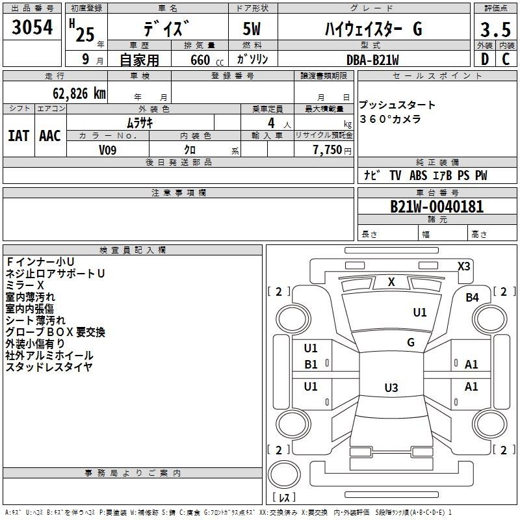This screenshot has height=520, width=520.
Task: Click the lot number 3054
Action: (x=32, y=27)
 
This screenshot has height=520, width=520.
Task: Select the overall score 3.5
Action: (x=495, y=29)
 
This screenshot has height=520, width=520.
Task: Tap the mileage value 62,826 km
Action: (x=79, y=94)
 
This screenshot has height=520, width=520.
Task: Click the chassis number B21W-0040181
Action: (x=437, y=207)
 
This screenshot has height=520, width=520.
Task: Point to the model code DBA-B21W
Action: (x=372, y=60)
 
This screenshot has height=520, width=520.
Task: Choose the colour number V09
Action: (x=107, y=150)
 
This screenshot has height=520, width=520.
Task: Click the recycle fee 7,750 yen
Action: (x=332, y=150)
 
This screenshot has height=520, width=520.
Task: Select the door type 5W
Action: (x=252, y=29)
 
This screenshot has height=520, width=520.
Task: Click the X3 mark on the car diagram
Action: (x=463, y=266)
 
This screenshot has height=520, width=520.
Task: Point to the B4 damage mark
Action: (x=472, y=298)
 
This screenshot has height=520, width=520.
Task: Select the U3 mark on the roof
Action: (x=391, y=387)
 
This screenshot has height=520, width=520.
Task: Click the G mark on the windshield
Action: (x=411, y=343)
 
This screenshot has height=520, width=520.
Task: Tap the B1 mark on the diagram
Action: (x=311, y=365)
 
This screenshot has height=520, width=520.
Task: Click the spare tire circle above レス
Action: (x=284, y=474)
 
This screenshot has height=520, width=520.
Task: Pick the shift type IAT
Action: (x=18, y=136)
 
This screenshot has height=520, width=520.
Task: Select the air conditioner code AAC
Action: (x=50, y=136)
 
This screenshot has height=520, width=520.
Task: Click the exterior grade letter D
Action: (x=484, y=59)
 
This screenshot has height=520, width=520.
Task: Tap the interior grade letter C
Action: (x=506, y=59)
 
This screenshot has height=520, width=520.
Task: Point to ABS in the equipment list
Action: (x=418, y=175)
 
